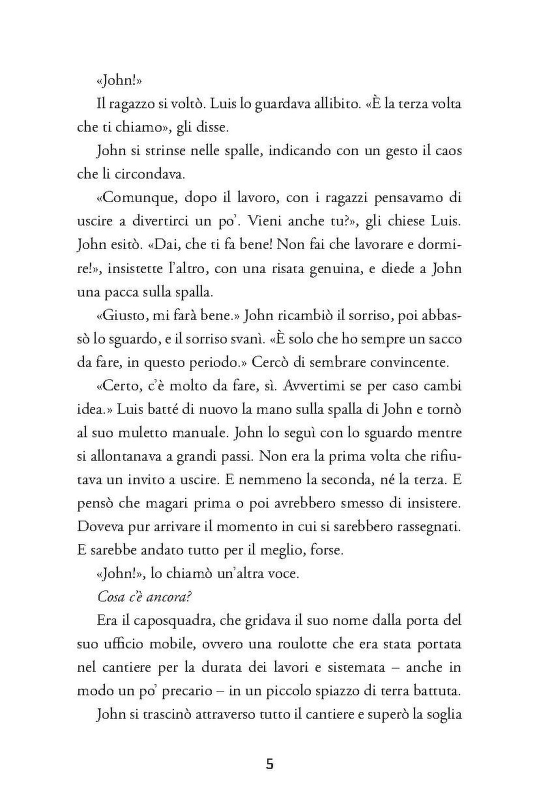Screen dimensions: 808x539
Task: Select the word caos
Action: click(x=447, y=151)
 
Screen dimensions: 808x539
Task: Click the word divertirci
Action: click(x=161, y=221)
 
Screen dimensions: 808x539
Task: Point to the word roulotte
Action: click(x=310, y=644)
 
